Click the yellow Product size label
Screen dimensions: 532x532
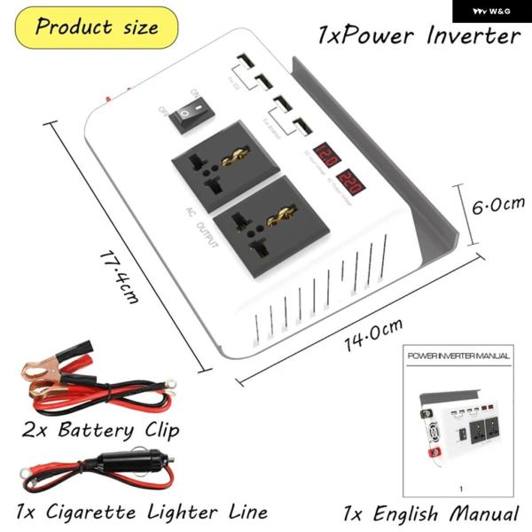coord(97,27)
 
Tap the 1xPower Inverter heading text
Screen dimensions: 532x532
coord(419,35)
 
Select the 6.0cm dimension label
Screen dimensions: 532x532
coord(497,207)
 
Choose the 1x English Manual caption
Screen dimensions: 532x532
coord(431,513)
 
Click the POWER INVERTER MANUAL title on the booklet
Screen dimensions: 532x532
coord(458,356)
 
